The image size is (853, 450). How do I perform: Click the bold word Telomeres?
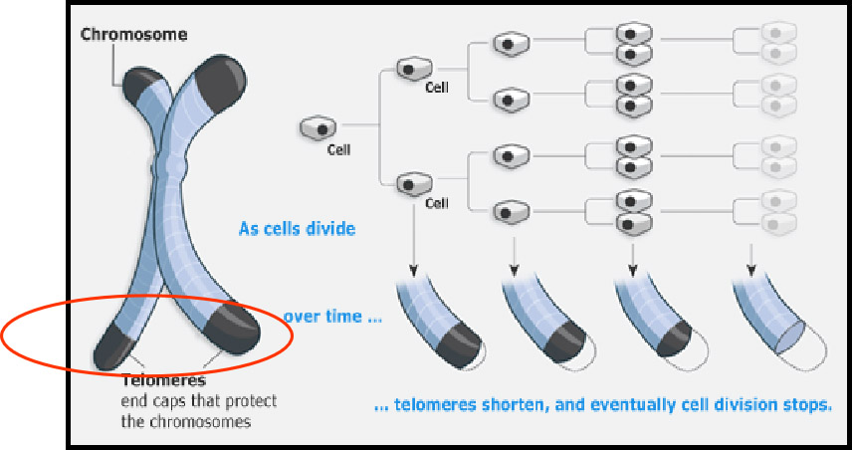point(163,380)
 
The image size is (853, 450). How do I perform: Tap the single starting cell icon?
point(319,127)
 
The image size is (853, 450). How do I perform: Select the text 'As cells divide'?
point(298,229)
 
